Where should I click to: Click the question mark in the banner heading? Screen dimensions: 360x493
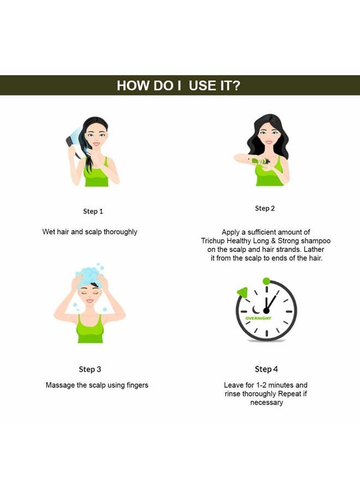click(236, 86)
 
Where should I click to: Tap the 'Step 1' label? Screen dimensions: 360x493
click(93, 211)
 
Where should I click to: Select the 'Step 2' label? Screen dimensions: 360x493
click(265, 208)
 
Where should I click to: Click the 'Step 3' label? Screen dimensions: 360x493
click(90, 369)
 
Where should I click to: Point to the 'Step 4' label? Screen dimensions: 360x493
click(266, 369)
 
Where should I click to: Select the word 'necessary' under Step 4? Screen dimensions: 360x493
click(267, 402)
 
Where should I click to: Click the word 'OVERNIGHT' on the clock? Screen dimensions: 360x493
click(258, 318)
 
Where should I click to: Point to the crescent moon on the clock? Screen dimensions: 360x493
click(256, 309)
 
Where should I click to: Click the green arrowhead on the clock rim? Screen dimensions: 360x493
click(242, 292)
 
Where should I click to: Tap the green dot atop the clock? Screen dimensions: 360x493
click(266, 281)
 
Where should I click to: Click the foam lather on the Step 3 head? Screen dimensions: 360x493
click(89, 275)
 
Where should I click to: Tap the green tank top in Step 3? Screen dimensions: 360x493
click(90, 329)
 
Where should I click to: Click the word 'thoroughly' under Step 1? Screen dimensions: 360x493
click(121, 232)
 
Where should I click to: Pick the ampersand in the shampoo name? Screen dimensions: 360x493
click(273, 241)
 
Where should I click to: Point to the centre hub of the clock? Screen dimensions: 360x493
click(266, 311)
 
